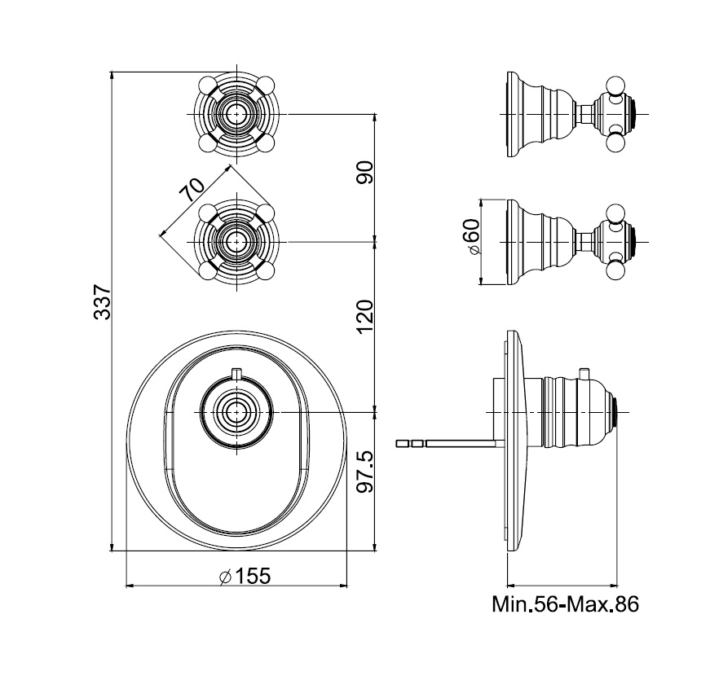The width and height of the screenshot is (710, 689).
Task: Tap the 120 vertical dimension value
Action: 364,315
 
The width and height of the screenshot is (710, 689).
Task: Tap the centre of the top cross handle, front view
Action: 236,113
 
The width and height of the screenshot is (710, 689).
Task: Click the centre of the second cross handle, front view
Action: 236,241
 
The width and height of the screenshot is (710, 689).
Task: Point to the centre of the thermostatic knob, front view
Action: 236,412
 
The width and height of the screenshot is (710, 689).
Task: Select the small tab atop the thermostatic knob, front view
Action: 236,374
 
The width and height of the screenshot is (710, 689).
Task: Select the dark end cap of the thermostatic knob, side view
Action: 621,412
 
